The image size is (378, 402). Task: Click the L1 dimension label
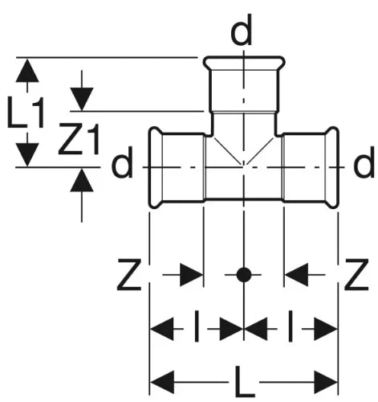26,112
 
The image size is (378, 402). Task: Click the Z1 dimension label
79,139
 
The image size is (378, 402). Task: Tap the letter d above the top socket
242,30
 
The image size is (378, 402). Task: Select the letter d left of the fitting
122,162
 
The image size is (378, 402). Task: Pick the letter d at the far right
364,162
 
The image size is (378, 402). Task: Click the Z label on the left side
129,274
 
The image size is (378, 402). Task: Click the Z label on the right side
356,274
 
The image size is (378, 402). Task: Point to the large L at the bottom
244,382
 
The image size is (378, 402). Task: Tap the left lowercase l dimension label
197,326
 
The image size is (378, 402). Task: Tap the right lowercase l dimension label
290,326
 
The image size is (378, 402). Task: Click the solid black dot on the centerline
244,275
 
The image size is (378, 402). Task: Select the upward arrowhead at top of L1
27,71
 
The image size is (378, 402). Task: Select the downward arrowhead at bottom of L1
26,154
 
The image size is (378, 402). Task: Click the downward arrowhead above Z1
82,99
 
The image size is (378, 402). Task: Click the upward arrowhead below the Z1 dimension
82,180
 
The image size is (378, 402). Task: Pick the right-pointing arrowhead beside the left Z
192,275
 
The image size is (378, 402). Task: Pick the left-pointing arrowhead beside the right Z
296,275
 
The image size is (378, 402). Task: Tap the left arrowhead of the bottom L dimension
162,382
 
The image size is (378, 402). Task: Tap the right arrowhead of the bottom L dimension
326,382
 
